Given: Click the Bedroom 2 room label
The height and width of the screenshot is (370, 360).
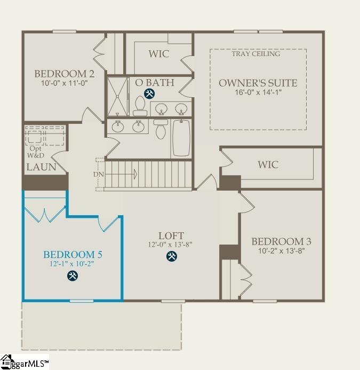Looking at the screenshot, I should [60, 74].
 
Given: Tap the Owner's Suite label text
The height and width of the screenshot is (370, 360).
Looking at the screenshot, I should [258, 83].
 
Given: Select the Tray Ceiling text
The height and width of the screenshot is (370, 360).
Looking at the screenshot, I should [256, 54].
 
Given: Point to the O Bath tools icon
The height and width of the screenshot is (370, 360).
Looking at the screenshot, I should [150, 94].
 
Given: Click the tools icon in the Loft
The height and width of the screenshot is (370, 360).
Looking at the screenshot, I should [171, 257].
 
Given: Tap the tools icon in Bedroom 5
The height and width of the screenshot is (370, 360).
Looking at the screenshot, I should [73, 275].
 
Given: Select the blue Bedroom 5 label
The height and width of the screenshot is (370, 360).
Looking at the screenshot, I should [73, 254].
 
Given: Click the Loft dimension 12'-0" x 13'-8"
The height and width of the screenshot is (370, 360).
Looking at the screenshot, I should [171, 245].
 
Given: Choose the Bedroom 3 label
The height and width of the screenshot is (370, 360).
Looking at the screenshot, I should [281, 241].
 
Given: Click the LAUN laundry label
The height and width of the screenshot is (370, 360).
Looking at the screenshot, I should [41, 167].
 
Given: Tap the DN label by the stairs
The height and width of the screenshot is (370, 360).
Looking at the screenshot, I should [99, 174].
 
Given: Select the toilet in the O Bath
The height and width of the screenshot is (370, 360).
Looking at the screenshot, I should [141, 105].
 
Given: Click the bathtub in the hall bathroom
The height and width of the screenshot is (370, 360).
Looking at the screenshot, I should [181, 138].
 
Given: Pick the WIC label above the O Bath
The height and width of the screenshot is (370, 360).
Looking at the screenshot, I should [158, 54].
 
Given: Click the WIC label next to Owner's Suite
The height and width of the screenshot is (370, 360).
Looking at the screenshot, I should [268, 164].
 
